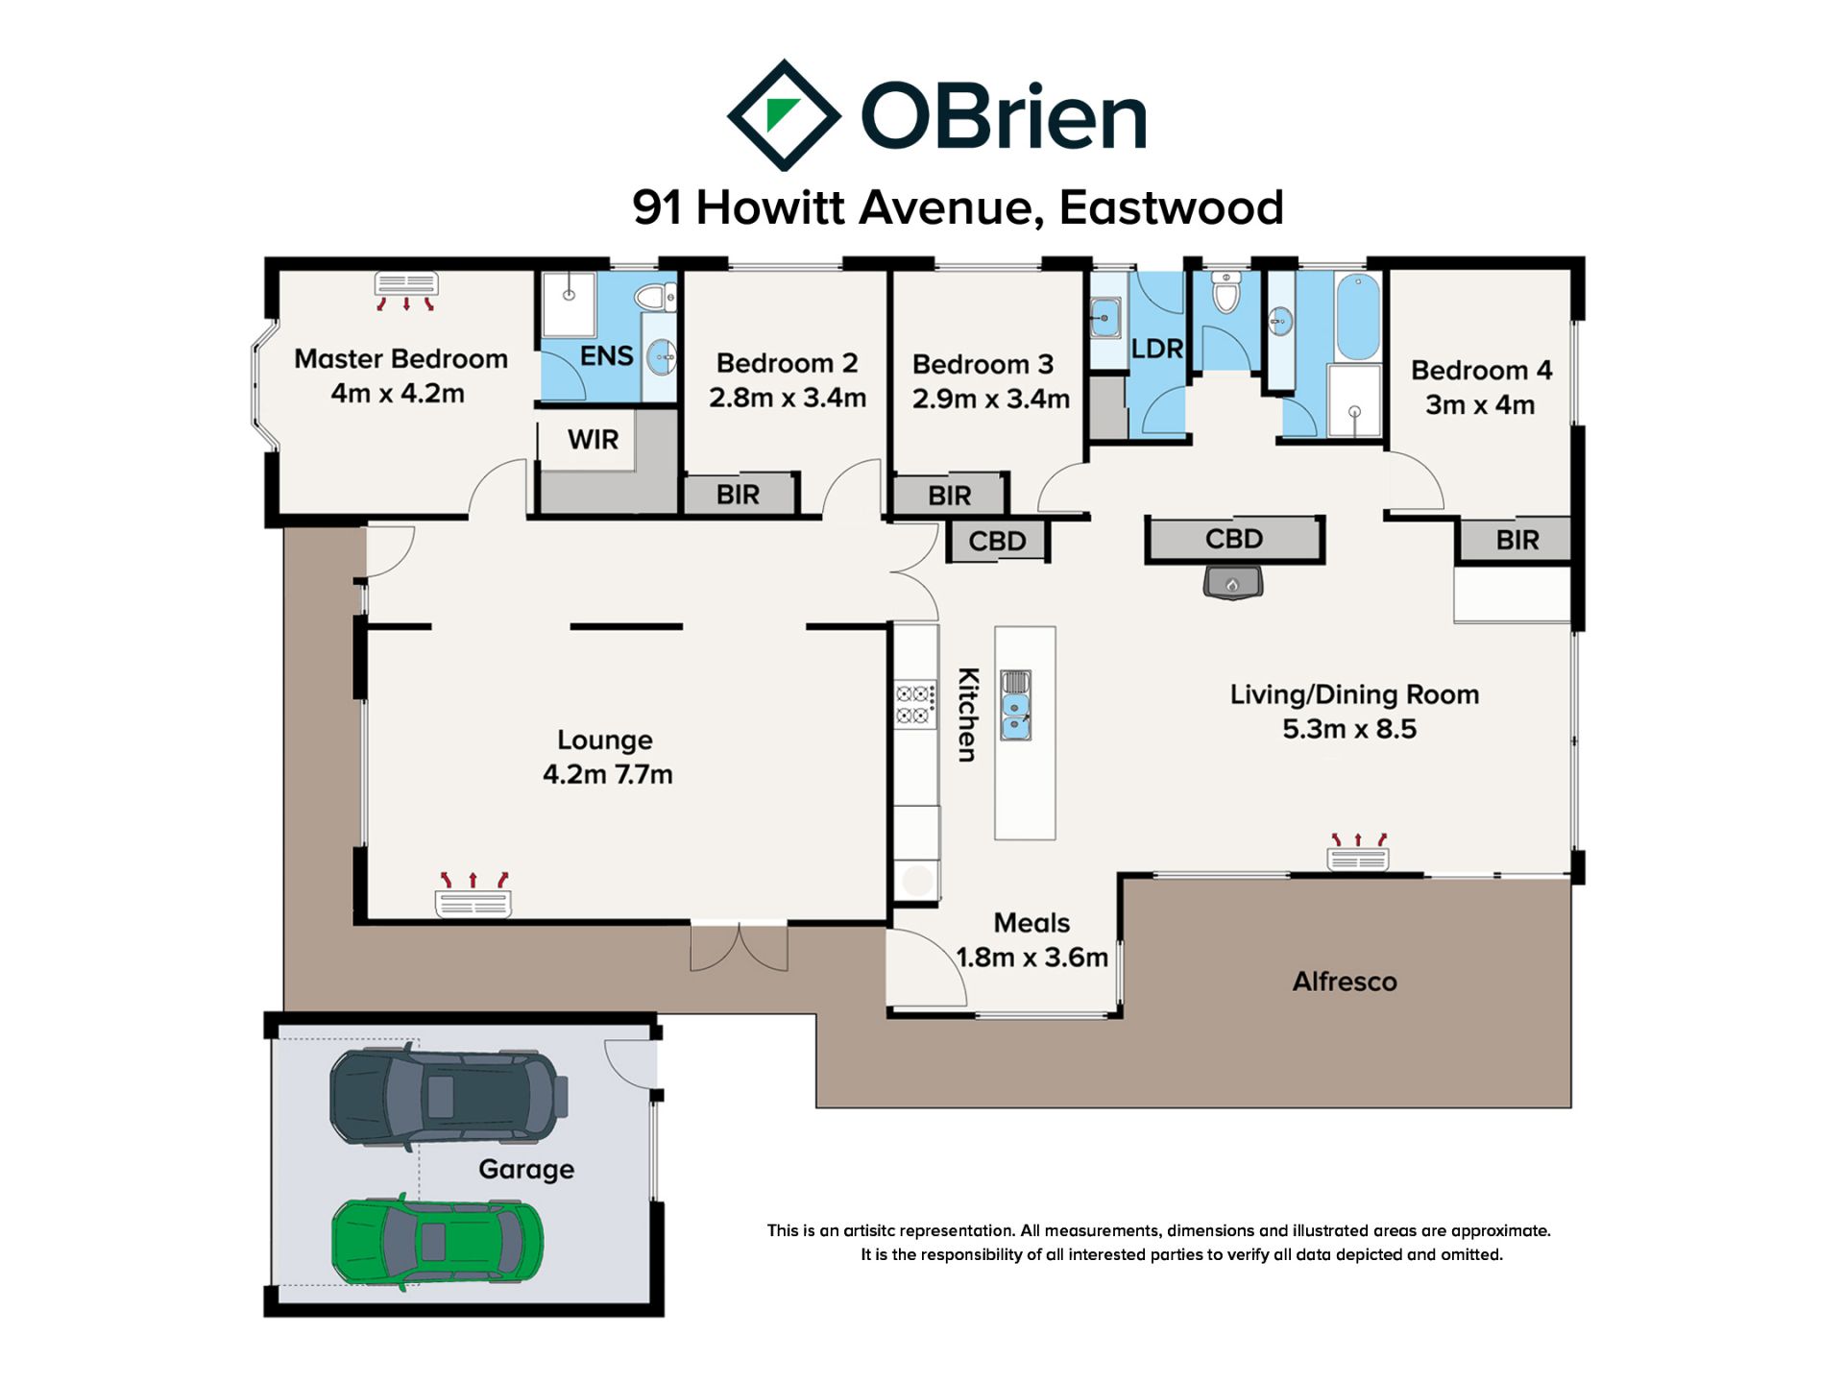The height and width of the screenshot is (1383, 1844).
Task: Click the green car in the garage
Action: [x=438, y=1241]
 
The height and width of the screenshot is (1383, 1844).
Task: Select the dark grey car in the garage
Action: [x=449, y=1097]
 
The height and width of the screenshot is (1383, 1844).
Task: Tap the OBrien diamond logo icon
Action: [x=784, y=115]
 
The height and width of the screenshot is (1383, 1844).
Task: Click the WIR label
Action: [x=593, y=440]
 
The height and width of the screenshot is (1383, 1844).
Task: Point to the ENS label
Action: [x=606, y=356]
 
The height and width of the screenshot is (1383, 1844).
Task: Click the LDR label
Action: [x=1156, y=349]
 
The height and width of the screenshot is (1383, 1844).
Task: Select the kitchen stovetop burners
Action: [x=915, y=705]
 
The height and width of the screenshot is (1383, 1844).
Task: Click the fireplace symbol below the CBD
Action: [x=1233, y=582]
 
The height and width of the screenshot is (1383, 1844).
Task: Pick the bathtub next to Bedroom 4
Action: [x=1357, y=316]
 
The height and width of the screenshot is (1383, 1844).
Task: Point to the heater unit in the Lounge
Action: [x=473, y=895]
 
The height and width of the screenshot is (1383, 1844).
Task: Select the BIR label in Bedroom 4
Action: [x=1517, y=540]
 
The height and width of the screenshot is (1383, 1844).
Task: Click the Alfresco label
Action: [x=1345, y=982]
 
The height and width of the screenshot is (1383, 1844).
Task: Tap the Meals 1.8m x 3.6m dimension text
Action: [x=1032, y=958]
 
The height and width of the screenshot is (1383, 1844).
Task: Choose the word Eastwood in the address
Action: [x=1172, y=207]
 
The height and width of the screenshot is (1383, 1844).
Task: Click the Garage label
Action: [x=526, y=1170]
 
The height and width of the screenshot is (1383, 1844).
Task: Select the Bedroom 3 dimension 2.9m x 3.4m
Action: [x=991, y=399]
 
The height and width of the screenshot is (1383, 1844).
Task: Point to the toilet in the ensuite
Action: [x=656, y=297]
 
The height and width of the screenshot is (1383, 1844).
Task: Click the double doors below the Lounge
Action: [x=740, y=947]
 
